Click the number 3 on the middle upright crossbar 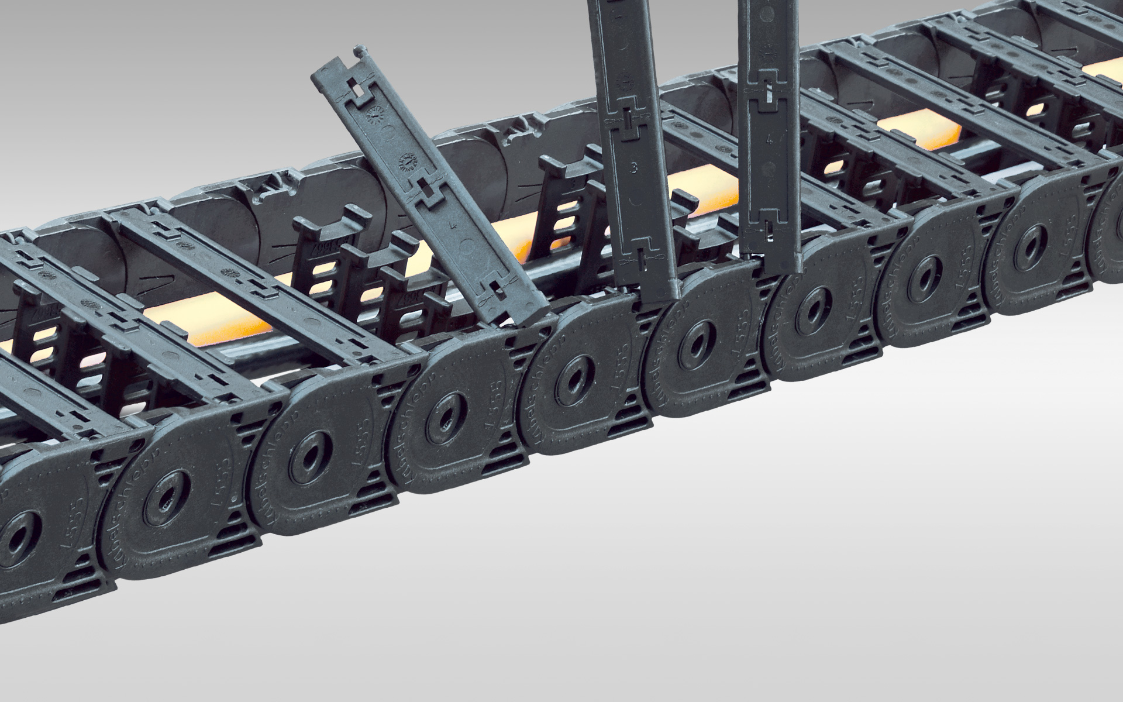click(x=634, y=170)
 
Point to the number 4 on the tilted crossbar click(x=450, y=225)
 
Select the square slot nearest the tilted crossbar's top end click(x=356, y=88)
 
